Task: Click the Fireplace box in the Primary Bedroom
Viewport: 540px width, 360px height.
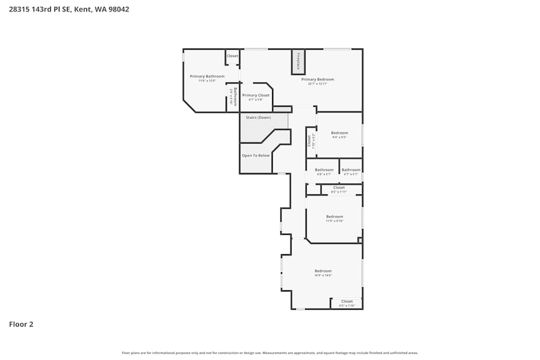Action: click(x=298, y=62)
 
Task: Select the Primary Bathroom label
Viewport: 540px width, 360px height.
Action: click(x=207, y=77)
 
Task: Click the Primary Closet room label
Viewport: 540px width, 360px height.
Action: click(x=255, y=96)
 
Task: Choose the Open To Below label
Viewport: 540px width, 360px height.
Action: click(x=255, y=155)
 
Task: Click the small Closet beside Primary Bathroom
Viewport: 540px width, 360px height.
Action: click(x=232, y=56)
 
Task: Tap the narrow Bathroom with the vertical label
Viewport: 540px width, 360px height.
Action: click(x=233, y=97)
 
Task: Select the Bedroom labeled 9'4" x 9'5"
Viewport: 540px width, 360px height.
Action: click(x=339, y=133)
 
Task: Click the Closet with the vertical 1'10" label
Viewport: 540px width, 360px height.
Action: click(x=310, y=141)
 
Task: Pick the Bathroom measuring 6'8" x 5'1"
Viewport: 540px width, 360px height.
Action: click(x=324, y=170)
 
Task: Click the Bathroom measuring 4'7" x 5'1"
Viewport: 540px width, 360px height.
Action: click(x=351, y=170)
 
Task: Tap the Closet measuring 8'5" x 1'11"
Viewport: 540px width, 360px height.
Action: click(x=339, y=188)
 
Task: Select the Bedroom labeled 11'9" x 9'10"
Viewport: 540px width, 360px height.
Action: click(x=334, y=217)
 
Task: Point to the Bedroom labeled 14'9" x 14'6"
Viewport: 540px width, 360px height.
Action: click(x=323, y=271)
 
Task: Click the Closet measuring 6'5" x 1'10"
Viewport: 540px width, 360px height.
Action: click(x=347, y=302)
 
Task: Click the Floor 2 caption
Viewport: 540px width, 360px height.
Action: click(x=21, y=324)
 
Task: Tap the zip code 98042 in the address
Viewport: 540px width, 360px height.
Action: click(x=119, y=9)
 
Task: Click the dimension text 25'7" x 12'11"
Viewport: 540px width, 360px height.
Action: click(x=318, y=84)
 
